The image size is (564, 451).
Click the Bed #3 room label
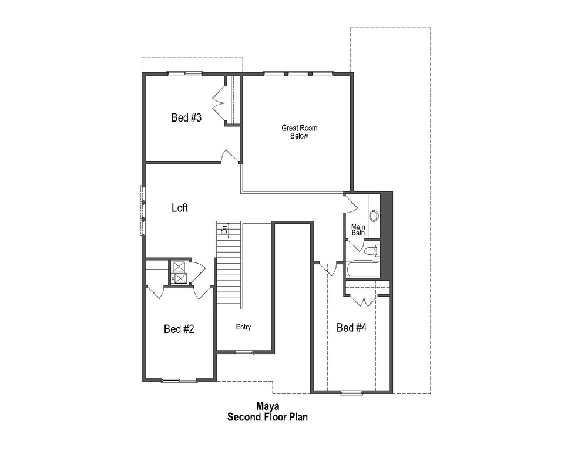(186, 117)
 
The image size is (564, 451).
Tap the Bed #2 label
(179, 329)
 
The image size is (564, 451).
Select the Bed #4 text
(351, 328)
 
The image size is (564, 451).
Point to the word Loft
(180, 208)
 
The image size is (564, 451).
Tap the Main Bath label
(358, 230)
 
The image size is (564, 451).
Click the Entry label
(243, 327)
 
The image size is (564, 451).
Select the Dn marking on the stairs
(224, 230)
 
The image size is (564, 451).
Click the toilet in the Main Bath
(371, 251)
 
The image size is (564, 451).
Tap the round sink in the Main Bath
(374, 215)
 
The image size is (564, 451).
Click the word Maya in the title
(267, 406)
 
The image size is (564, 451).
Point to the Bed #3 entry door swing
(230, 156)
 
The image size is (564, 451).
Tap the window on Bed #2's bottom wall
(179, 381)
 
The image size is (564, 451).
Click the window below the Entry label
(243, 352)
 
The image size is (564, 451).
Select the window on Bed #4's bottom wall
(351, 392)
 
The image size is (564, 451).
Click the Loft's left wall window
(142, 210)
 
